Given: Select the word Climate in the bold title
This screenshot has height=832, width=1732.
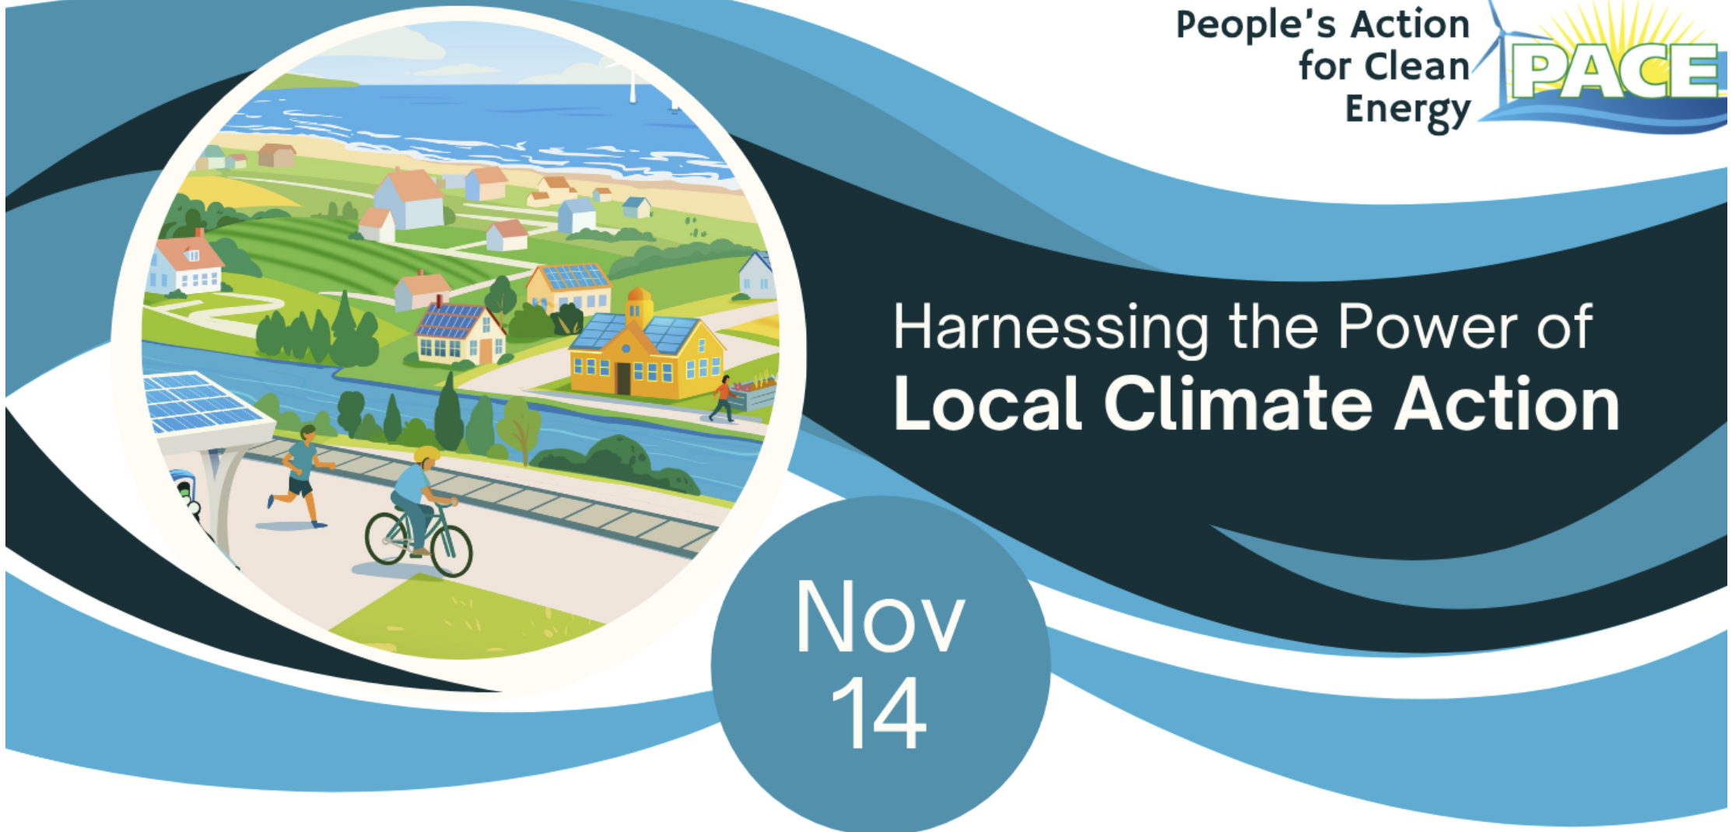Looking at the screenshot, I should [x=1237, y=404].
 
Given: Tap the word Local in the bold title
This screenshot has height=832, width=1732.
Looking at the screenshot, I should [x=987, y=404].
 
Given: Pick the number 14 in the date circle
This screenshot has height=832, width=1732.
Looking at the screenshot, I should [x=879, y=713].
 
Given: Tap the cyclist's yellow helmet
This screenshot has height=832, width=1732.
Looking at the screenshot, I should [x=427, y=455].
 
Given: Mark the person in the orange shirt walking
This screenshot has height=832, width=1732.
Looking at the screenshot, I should [x=724, y=398].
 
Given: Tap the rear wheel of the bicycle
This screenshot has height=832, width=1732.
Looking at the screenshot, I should [x=386, y=537].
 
